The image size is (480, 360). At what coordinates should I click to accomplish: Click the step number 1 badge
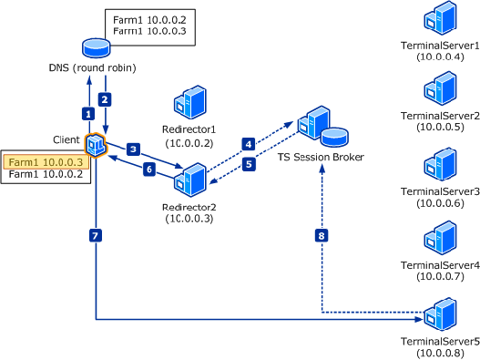click(88, 114)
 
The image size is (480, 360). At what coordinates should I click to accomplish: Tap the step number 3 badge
click(133, 148)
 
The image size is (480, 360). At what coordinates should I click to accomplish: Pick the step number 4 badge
click(247, 143)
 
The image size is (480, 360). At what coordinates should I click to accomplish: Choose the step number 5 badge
click(249, 165)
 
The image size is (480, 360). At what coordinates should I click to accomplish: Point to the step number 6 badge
click(149, 170)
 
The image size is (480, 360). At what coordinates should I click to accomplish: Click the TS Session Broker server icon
click(314, 125)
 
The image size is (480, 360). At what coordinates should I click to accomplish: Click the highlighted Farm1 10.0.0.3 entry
click(46, 161)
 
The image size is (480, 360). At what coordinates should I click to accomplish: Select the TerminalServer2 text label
click(440, 116)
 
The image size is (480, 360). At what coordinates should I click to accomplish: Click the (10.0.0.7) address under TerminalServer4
click(440, 275)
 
